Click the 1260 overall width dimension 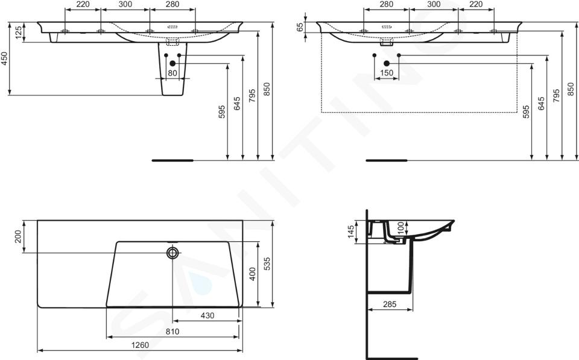pos(141,346)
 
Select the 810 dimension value pos(172,332)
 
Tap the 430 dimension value pos(207,316)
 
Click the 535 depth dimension pos(267,264)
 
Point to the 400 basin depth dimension pos(253,274)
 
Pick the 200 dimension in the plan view pos(18,236)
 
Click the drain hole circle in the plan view pos(172,253)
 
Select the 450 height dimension pos(4,58)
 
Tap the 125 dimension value pos(18,33)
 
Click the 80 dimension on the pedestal pos(172,73)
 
